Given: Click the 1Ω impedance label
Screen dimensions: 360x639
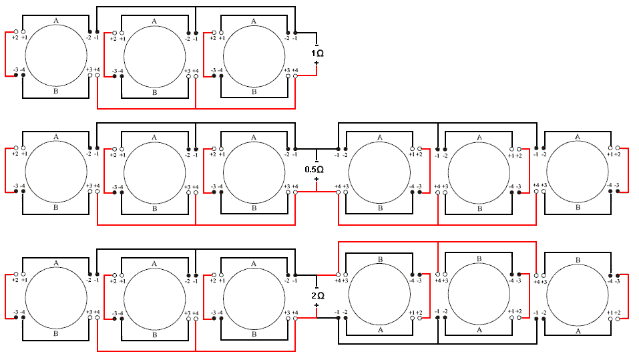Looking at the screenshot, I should (317, 53).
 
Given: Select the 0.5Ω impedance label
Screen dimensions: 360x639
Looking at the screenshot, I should (314, 170).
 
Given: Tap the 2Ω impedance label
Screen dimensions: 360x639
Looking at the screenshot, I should (317, 295).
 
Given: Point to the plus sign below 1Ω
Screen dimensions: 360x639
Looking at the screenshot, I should (316, 63).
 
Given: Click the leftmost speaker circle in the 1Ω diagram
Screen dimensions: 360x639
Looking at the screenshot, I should (56, 55).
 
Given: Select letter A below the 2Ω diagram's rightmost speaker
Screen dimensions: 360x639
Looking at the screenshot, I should (578, 330).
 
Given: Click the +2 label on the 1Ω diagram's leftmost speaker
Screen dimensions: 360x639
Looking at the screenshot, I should (15, 38).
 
